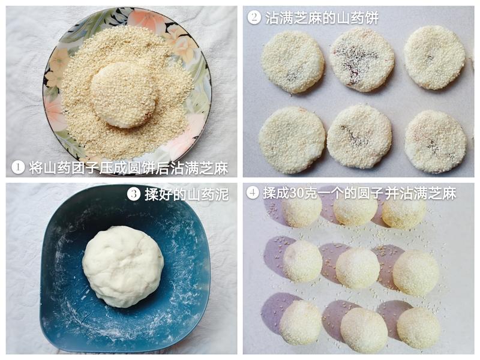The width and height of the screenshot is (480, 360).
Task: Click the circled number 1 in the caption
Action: (x=18, y=167)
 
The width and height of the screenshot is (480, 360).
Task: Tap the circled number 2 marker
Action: (x=254, y=17)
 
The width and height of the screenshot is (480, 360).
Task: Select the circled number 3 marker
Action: (x=133, y=194)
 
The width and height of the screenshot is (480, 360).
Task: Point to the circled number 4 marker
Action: (x=253, y=193)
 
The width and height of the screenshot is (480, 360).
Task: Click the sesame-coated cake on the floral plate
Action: (x=124, y=95)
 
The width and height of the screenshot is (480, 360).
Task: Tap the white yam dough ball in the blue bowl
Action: (x=123, y=266)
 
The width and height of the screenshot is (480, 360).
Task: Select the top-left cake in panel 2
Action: (x=293, y=62)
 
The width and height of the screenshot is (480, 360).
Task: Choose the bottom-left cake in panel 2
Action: (x=292, y=140)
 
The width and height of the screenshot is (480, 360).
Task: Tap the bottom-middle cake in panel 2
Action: (x=359, y=137)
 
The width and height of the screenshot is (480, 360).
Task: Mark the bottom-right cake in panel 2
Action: (x=436, y=142)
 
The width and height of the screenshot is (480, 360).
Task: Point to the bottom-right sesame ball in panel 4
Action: (x=418, y=328)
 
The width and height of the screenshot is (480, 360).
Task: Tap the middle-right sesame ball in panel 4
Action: (x=416, y=273)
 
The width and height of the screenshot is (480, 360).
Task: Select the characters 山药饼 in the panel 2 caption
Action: (x=358, y=18)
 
